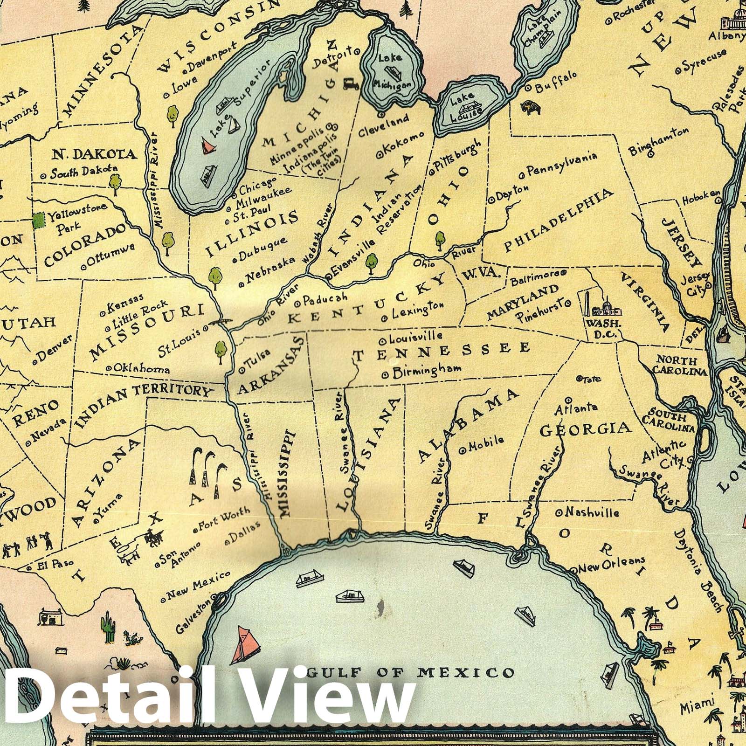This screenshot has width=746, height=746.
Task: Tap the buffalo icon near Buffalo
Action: pyautogui.click(x=532, y=108)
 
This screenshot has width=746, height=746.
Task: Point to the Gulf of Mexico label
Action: pyautogui.click(x=412, y=672)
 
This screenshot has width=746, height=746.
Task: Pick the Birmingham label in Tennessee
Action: pyautogui.click(x=426, y=370)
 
